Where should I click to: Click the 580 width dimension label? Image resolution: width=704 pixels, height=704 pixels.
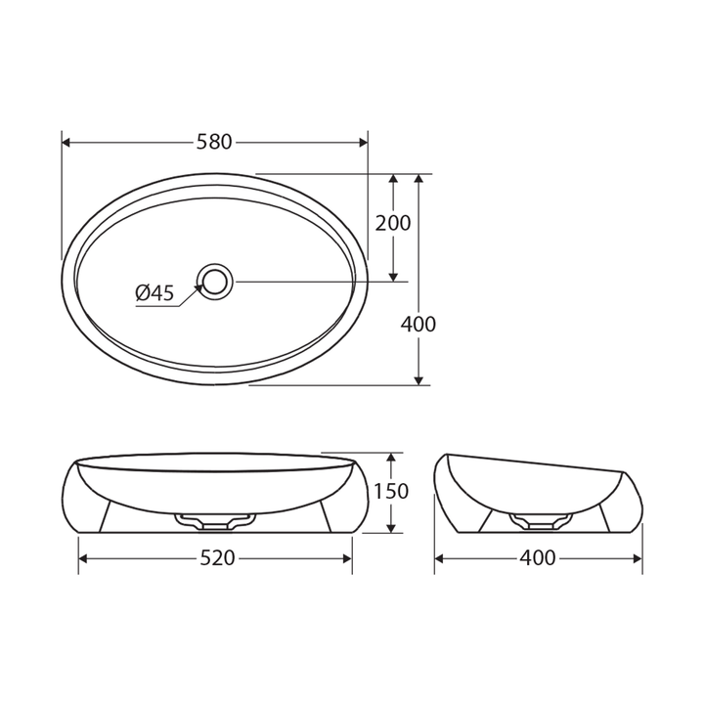214,142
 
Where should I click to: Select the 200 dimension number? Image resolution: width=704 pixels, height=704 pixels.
393,223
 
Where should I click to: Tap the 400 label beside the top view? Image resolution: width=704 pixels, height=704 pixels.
418,324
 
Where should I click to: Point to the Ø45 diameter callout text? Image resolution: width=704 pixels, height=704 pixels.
154,292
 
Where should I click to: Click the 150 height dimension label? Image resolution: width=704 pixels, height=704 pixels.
391,491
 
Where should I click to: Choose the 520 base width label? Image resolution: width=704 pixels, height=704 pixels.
217,558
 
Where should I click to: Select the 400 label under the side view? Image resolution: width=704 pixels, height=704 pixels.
537,558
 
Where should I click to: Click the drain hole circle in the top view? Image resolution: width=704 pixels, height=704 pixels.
215,282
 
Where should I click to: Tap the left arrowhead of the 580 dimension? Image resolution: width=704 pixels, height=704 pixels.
67,142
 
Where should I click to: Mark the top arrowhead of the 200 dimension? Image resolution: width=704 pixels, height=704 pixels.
393,181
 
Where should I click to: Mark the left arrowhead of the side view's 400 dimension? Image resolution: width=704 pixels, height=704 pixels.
440,558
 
